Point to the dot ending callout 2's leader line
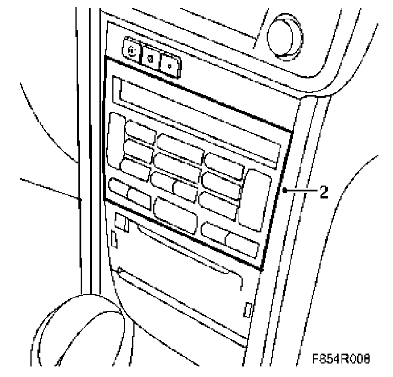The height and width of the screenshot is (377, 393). (284, 191)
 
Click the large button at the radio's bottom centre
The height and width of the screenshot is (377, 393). (175, 214)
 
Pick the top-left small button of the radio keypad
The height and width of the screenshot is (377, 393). (140, 132)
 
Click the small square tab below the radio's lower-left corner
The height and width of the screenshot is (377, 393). (122, 221)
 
